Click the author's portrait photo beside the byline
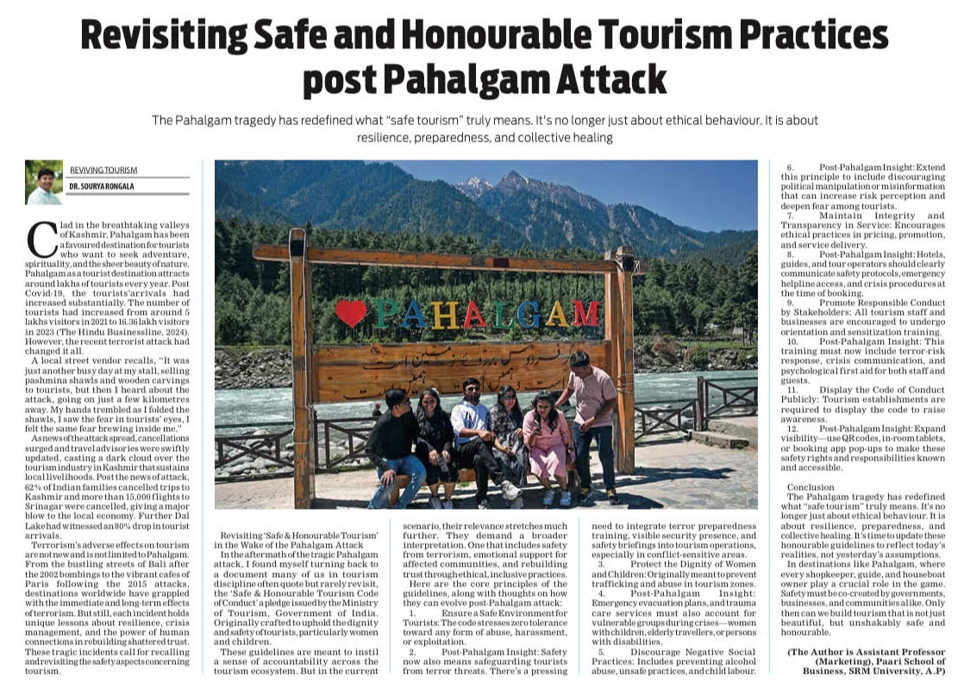click(x=44, y=182)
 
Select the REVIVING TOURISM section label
click(x=103, y=171)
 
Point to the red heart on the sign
click(x=351, y=312)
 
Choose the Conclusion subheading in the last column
click(x=811, y=486)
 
